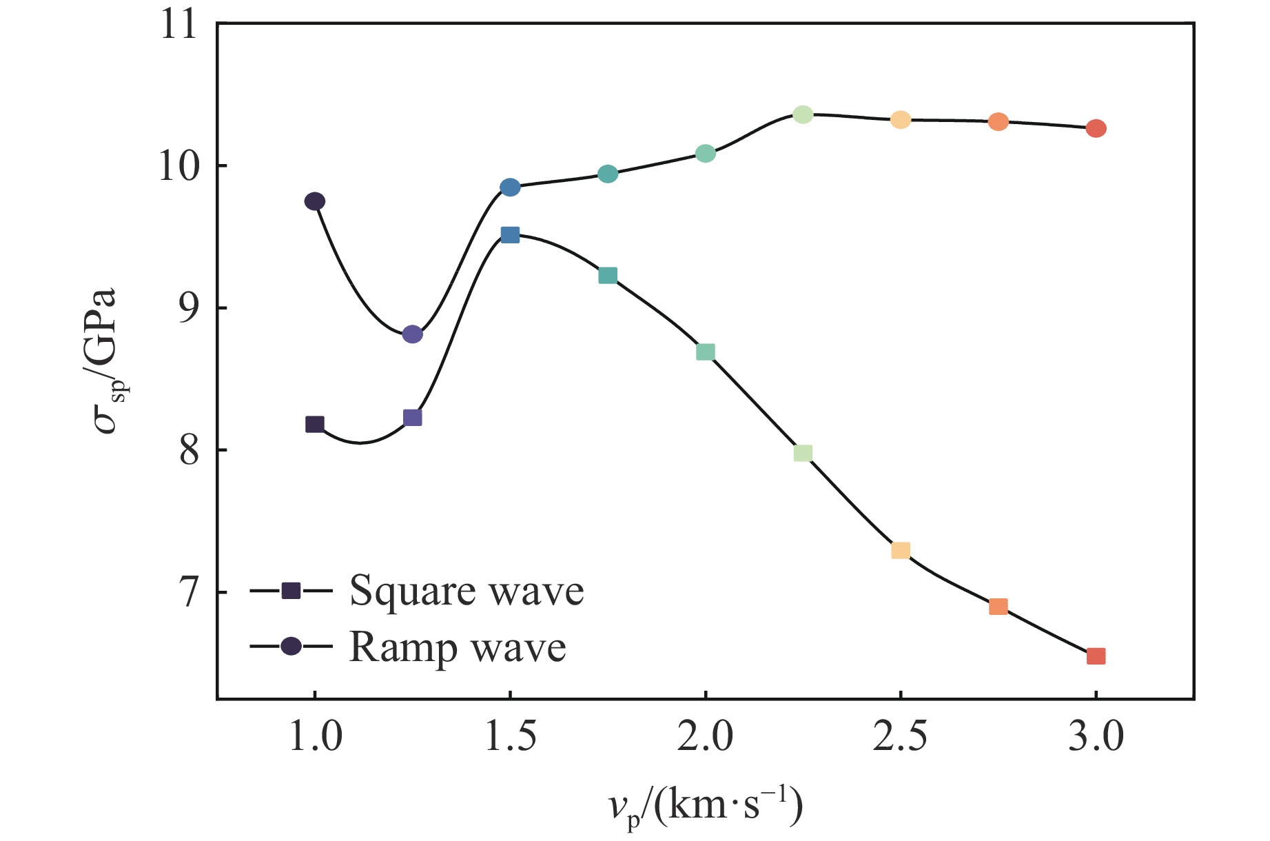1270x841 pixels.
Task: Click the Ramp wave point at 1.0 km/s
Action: (315, 201)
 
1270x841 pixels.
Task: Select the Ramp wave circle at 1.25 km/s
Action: (412, 334)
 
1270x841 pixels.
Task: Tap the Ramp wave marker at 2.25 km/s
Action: (803, 114)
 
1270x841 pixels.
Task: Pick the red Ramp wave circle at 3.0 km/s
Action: (1096, 128)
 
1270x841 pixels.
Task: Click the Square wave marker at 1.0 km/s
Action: (315, 424)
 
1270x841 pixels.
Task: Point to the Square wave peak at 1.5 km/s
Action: (510, 235)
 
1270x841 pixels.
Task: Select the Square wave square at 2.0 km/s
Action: (705, 352)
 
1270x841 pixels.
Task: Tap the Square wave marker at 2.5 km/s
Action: (901, 550)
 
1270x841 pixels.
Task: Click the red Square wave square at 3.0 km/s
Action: (1096, 656)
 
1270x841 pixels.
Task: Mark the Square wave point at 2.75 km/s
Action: (998, 607)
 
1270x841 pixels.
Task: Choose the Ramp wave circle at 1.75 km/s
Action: (608, 174)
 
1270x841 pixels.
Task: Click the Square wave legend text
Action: (467, 591)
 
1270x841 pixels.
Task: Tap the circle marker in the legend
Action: (291, 647)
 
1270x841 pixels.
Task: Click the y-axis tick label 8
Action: (187, 452)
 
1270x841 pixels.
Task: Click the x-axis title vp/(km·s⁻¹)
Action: (705, 807)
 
